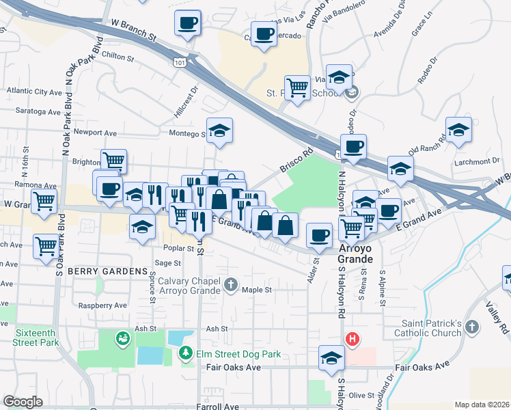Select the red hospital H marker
point(353,339)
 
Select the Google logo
point(23,402)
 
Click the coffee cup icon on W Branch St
point(187,23)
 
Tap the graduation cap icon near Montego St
point(219,131)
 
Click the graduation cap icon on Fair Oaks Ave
point(331,358)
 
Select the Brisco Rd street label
point(296,160)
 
